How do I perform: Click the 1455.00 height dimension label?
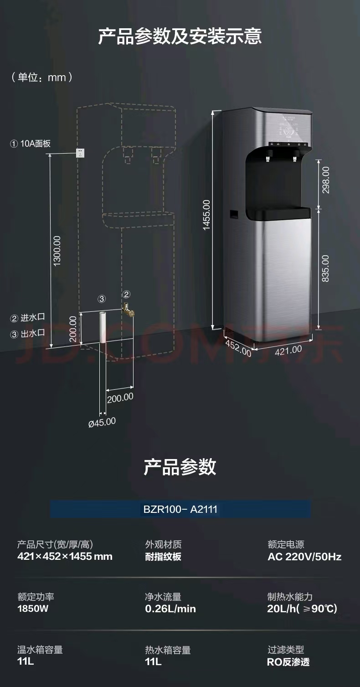pyautogui.click(x=206, y=215)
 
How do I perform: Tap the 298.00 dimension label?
pyautogui.click(x=326, y=180)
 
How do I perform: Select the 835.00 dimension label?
pyautogui.click(x=325, y=269)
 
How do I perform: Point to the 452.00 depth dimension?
pyautogui.click(x=238, y=347)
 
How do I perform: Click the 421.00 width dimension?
pyautogui.click(x=288, y=350)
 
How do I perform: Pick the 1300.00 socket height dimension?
pyautogui.click(x=57, y=251)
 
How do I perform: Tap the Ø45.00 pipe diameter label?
pyautogui.click(x=102, y=422)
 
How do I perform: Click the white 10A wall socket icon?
pyautogui.click(x=80, y=153)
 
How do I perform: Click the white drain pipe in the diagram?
pyautogui.click(x=103, y=328)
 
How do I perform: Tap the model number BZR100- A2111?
pyautogui.click(x=180, y=509)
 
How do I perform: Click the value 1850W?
pyautogui.click(x=33, y=609)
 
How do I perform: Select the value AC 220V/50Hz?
pyautogui.click(x=304, y=557)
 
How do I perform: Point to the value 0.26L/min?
pyautogui.click(x=170, y=609)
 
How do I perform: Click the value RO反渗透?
pyautogui.click(x=288, y=662)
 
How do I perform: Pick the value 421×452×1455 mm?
pyautogui.click(x=65, y=556)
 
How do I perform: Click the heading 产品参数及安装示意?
pyautogui.click(x=180, y=36)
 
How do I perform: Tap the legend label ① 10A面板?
pyautogui.click(x=30, y=144)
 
